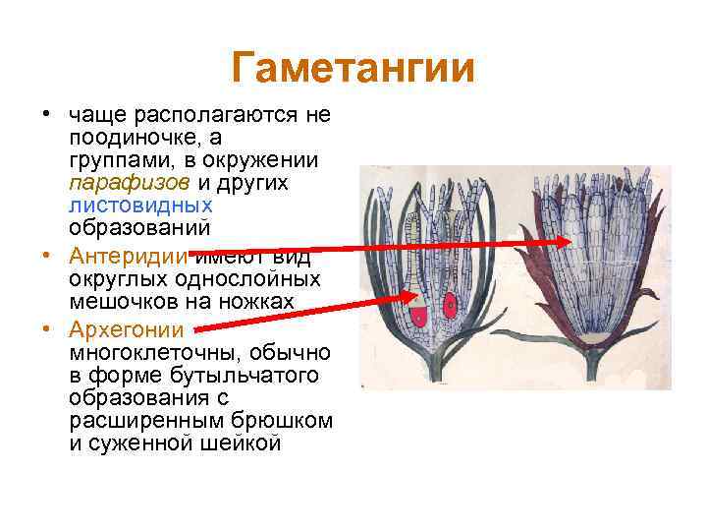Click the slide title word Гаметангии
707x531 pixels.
tap(353, 69)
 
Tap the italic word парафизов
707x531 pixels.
tap(129, 183)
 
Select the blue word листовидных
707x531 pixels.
tap(140, 206)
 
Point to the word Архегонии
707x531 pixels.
tap(127, 328)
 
